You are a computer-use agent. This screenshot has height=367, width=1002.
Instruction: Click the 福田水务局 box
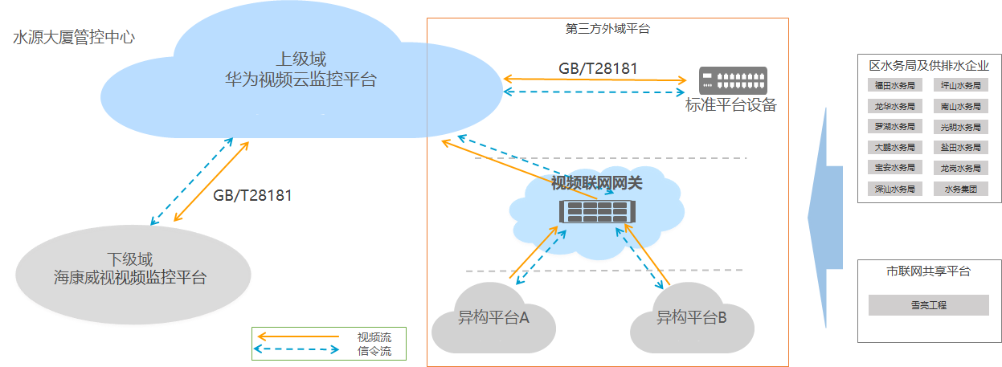[x=894, y=85]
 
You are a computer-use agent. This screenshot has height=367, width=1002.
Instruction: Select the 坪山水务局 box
[x=960, y=85]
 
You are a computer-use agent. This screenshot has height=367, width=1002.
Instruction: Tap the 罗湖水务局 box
[x=894, y=127]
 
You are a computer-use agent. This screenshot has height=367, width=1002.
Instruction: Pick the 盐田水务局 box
[x=960, y=148]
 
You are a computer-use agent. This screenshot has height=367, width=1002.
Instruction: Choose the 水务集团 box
[x=960, y=190]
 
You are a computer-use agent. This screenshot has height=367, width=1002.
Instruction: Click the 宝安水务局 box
[x=894, y=169]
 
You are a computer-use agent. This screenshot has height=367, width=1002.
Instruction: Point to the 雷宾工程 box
[x=929, y=305]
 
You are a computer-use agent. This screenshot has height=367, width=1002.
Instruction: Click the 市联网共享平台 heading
[x=928, y=271]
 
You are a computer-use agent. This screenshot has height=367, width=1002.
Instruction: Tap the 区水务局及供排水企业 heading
[x=929, y=66]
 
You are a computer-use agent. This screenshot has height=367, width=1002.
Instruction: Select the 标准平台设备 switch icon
[x=732, y=80]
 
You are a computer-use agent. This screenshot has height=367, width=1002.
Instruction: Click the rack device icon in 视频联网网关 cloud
[x=595, y=212]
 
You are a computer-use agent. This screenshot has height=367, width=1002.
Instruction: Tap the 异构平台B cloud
[x=691, y=318]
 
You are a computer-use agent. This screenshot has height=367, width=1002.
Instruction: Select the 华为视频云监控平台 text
[x=301, y=80]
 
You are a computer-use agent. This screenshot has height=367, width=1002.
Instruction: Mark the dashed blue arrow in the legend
[x=296, y=350]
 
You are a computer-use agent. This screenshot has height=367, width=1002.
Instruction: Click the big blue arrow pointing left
[x=824, y=217]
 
